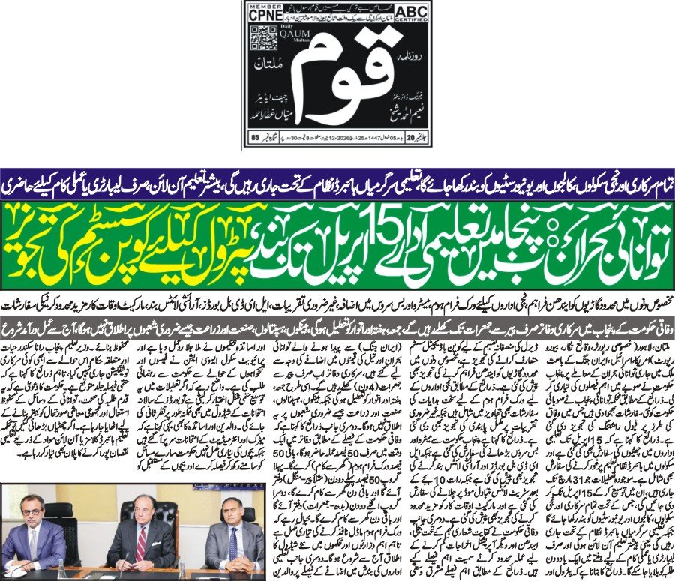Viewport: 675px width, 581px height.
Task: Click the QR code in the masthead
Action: (259, 39)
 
